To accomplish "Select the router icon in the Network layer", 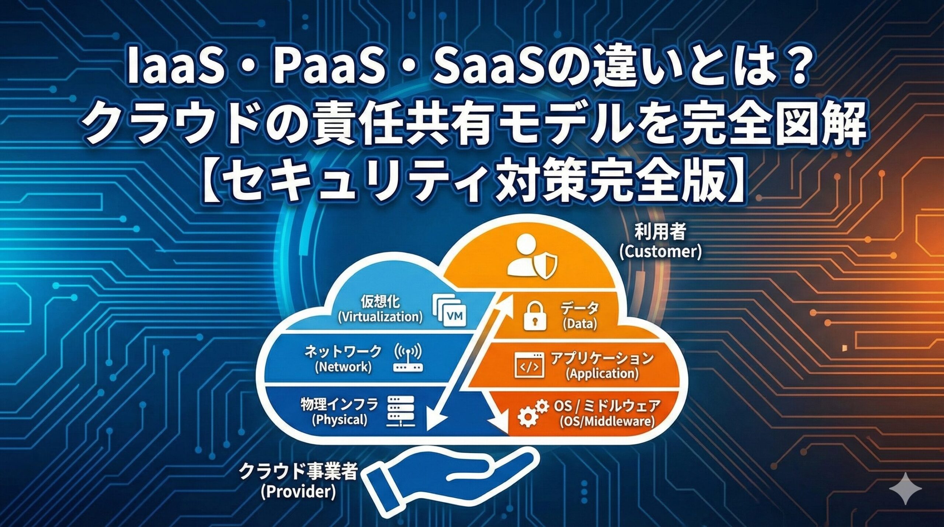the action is coord(409,358).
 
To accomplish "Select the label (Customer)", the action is coord(660,252).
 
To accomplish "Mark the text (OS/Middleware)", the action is coord(607,421).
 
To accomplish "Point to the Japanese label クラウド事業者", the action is coord(298,472).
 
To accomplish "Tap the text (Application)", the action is coord(602,374).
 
